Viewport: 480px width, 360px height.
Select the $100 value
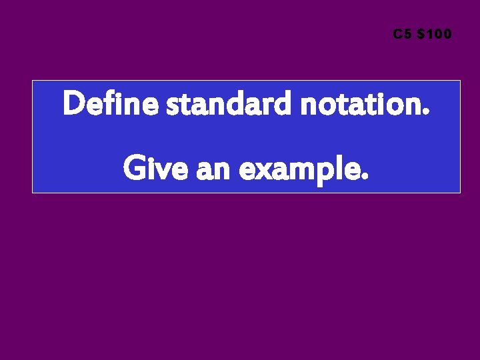(x=434, y=34)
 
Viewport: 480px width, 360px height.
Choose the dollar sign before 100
(x=420, y=34)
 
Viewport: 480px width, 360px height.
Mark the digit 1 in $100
(x=429, y=34)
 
